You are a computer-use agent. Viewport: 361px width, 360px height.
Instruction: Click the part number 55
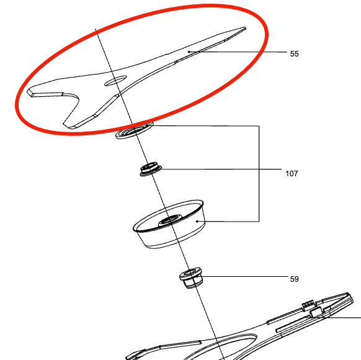pyautogui.click(x=294, y=54)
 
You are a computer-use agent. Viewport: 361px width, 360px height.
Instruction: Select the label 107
pyautogui.click(x=291, y=174)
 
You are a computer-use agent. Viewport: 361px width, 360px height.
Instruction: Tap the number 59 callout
pyautogui.click(x=294, y=279)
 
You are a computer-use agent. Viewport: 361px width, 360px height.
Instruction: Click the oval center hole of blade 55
pyautogui.click(x=115, y=81)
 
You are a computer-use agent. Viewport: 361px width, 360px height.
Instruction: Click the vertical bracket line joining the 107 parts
pyautogui.click(x=259, y=174)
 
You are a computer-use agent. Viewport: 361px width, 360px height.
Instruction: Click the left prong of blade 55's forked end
pyautogui.click(x=47, y=94)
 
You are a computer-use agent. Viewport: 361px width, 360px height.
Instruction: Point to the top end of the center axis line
pyautogui.click(x=96, y=30)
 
